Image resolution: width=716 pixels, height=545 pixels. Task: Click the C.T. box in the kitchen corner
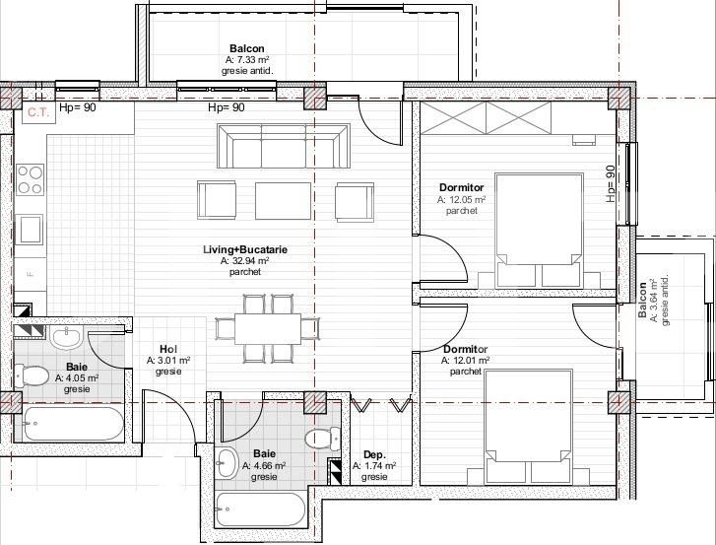point(38,112)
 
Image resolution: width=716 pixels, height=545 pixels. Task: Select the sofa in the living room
point(285,148)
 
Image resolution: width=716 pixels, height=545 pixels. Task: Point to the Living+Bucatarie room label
point(245,250)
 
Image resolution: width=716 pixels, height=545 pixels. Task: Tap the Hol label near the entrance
point(167,349)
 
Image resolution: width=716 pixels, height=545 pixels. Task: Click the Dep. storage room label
point(374,454)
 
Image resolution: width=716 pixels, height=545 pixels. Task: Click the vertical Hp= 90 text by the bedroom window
point(611,184)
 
